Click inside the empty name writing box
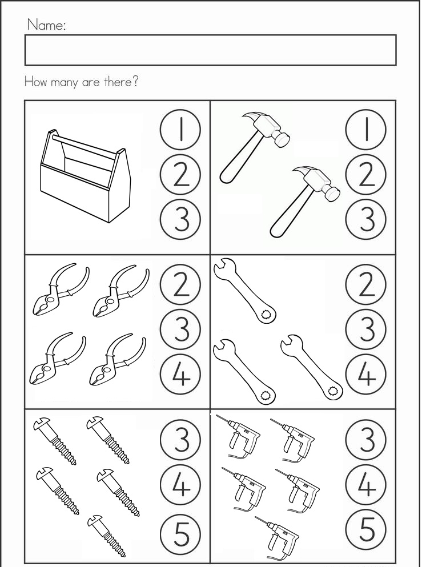coord(211,50)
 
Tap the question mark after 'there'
coord(134,82)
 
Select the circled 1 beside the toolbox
coord(180,130)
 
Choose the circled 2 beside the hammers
coord(366,175)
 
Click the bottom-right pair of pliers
coord(118,360)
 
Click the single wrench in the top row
coord(245,289)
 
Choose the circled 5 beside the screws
coord(180,536)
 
